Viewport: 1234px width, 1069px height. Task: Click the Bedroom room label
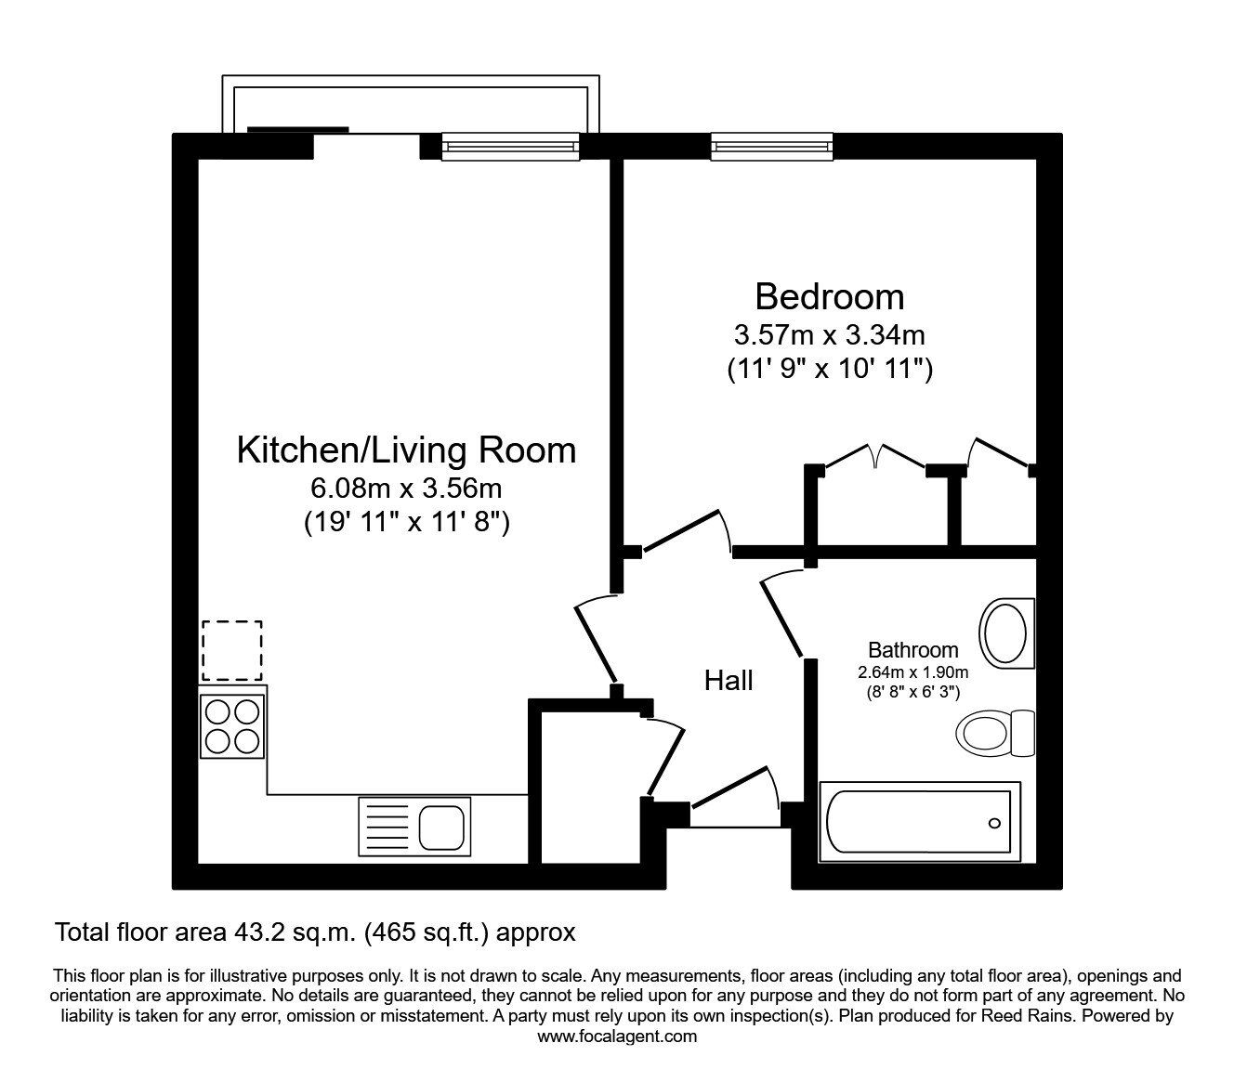[x=829, y=297]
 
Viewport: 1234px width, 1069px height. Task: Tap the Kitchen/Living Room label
[x=406, y=450]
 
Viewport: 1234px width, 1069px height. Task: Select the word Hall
[x=729, y=681]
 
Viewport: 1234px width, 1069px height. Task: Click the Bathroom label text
[x=912, y=650]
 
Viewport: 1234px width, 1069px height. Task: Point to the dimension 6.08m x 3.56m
[x=406, y=488]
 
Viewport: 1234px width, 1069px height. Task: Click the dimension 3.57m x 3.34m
[x=829, y=333]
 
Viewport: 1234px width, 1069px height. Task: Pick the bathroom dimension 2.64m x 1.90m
[x=912, y=672]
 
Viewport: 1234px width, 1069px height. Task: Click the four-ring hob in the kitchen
[x=232, y=726]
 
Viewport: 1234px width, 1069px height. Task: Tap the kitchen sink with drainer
[x=414, y=824]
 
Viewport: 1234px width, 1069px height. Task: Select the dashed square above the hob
[x=232, y=651]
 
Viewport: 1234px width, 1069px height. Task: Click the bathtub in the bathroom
[x=919, y=822]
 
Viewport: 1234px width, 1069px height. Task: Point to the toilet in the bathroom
[x=994, y=733]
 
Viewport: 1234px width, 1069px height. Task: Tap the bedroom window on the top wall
[x=771, y=146]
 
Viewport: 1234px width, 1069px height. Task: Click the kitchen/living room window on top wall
[x=510, y=146]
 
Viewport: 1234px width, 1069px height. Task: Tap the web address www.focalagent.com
[x=617, y=1036]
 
